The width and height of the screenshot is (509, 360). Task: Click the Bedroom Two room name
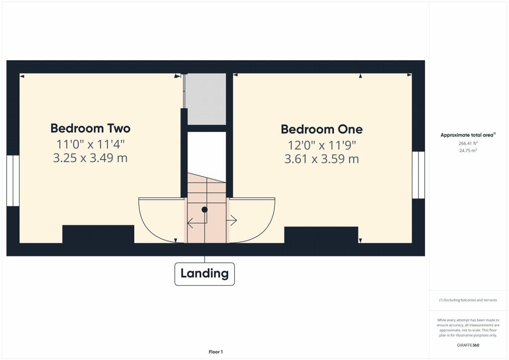(x=90, y=128)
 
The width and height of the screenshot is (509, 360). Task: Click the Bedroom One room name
(x=322, y=129)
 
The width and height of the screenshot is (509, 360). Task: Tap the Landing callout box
(x=204, y=273)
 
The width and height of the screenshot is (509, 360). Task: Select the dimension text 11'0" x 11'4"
(x=90, y=145)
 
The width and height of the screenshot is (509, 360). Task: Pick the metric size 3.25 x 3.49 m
(x=90, y=158)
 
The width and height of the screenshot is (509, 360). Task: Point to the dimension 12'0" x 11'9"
(x=322, y=145)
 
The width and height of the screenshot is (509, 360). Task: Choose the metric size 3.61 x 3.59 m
(x=322, y=159)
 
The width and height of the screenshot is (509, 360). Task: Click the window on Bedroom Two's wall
(x=12, y=180)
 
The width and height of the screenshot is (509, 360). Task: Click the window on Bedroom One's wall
(x=419, y=175)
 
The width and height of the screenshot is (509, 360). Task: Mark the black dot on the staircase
(x=204, y=210)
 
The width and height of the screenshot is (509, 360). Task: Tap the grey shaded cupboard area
(x=206, y=99)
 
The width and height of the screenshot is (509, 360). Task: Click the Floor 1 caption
(x=215, y=352)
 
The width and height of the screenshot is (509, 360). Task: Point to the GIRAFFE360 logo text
(x=468, y=345)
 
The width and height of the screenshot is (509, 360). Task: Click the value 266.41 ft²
(x=468, y=143)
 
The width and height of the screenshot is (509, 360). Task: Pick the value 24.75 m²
(x=468, y=150)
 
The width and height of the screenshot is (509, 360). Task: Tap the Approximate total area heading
(x=468, y=135)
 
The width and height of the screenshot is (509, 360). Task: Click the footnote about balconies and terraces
(x=468, y=300)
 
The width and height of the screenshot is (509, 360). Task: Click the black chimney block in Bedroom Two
(x=98, y=234)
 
